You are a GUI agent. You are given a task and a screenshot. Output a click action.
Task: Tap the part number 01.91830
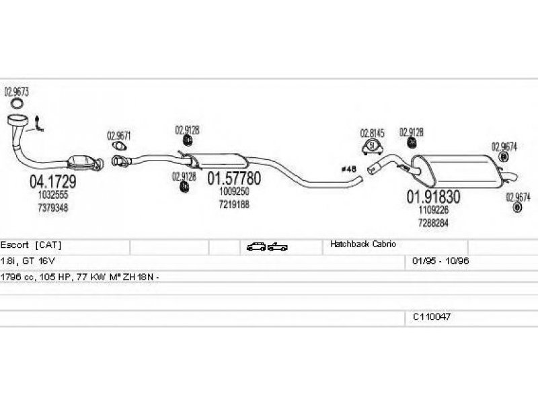coord(432,197)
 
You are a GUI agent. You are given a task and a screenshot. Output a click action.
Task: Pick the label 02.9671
coord(118,135)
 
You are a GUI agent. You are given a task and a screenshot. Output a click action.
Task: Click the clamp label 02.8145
coord(372,132)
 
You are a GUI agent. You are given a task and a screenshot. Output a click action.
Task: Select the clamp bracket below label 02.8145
coord(371,148)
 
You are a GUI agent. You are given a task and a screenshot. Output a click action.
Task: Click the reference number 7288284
coord(433,222)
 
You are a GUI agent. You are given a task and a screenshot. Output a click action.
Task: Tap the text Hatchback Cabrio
coord(363,244)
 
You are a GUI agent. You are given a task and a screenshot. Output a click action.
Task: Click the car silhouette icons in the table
coord(266,247)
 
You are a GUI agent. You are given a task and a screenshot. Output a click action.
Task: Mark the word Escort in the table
coord(14,244)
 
